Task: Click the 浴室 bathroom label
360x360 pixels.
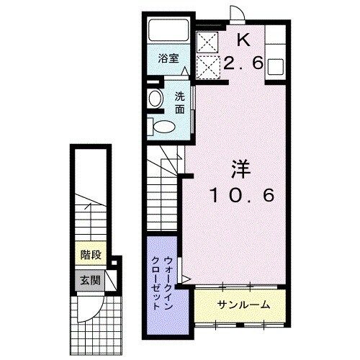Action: (168, 58)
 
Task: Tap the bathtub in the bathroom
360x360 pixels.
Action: (168, 30)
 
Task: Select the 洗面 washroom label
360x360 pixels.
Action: (180, 103)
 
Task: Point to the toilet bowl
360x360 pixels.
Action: (164, 126)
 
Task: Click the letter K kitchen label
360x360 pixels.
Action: (243, 40)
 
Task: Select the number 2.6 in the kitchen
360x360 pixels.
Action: (243, 64)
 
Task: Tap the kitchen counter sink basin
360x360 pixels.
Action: (276, 66)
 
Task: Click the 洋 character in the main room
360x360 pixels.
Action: (240, 170)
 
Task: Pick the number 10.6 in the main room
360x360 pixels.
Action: (242, 195)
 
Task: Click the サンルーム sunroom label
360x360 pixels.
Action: (244, 305)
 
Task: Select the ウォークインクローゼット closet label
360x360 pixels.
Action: (162, 283)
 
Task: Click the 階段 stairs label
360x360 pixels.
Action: (91, 255)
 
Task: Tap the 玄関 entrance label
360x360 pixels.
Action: (90, 280)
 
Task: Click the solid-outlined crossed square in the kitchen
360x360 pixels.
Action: (208, 42)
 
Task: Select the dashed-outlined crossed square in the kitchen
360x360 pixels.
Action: (208, 67)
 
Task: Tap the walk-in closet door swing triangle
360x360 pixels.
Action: (185, 279)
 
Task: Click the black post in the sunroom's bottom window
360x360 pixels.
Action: (240, 325)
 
